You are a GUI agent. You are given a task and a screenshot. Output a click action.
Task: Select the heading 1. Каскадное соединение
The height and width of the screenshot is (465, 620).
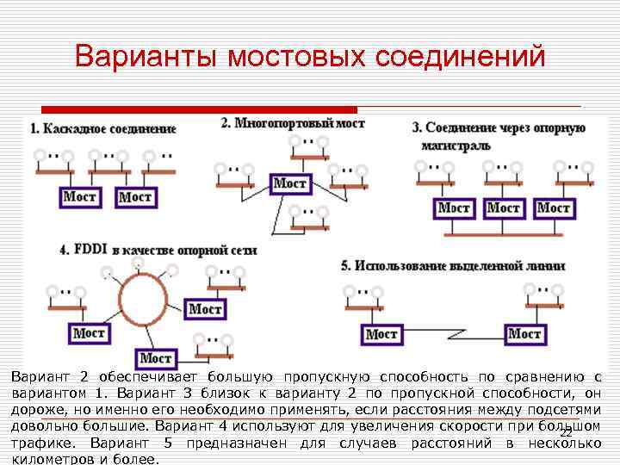(102, 128)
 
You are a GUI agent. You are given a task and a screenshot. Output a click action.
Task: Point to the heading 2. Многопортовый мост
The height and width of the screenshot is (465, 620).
(293, 123)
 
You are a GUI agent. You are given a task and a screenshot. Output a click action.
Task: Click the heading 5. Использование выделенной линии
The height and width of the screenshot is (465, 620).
(453, 266)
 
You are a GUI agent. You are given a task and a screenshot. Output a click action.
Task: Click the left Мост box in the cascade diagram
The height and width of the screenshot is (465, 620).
(81, 196)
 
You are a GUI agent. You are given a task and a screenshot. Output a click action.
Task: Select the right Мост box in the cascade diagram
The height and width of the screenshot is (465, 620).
(134, 197)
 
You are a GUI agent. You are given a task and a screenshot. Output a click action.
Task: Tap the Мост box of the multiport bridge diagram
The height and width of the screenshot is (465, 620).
(290, 183)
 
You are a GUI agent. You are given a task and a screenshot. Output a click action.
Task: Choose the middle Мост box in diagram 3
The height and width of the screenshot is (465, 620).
(504, 208)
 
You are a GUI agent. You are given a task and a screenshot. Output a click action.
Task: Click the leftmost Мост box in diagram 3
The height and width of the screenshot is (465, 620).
(454, 208)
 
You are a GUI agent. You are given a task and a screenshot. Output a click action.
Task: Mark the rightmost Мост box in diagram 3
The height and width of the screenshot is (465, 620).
(554, 208)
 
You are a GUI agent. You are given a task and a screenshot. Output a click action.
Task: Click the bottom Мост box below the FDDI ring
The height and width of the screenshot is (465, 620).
(156, 358)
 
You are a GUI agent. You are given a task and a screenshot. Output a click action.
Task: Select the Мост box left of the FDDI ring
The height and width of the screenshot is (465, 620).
(88, 333)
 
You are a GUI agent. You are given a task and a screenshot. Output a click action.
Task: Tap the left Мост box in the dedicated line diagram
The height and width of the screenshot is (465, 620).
(381, 334)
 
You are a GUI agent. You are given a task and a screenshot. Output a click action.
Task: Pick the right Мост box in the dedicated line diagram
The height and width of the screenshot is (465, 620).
(524, 333)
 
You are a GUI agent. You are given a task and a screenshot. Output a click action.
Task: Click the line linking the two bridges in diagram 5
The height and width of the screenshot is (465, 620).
(452, 339)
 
